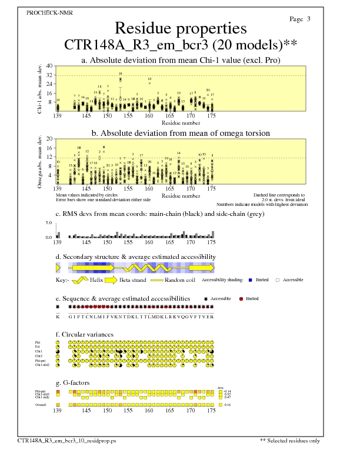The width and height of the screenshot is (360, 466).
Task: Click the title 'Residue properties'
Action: [180, 28]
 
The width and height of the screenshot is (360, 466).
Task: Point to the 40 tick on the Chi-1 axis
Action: [49, 66]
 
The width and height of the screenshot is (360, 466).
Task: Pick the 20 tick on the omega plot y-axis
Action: [49, 139]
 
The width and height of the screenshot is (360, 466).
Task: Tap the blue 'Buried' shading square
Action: [250, 279]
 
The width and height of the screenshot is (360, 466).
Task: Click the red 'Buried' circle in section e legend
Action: [241, 299]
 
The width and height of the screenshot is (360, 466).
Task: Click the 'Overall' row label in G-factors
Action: [41, 405]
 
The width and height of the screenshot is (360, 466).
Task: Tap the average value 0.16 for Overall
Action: [228, 405]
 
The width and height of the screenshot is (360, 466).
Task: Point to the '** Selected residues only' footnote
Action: [290, 440]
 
